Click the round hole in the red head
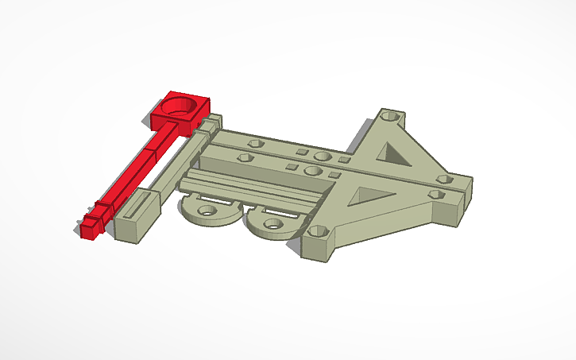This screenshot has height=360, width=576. (182, 106)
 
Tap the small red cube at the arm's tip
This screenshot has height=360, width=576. (90, 229)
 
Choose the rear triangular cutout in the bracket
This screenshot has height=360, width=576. (393, 151)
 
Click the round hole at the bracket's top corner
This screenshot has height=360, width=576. (389, 116)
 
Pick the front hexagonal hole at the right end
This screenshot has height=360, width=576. (435, 193)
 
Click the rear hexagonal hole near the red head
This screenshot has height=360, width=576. (255, 145)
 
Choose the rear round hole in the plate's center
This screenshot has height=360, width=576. (322, 157)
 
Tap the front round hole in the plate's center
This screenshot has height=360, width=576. (311, 170)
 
